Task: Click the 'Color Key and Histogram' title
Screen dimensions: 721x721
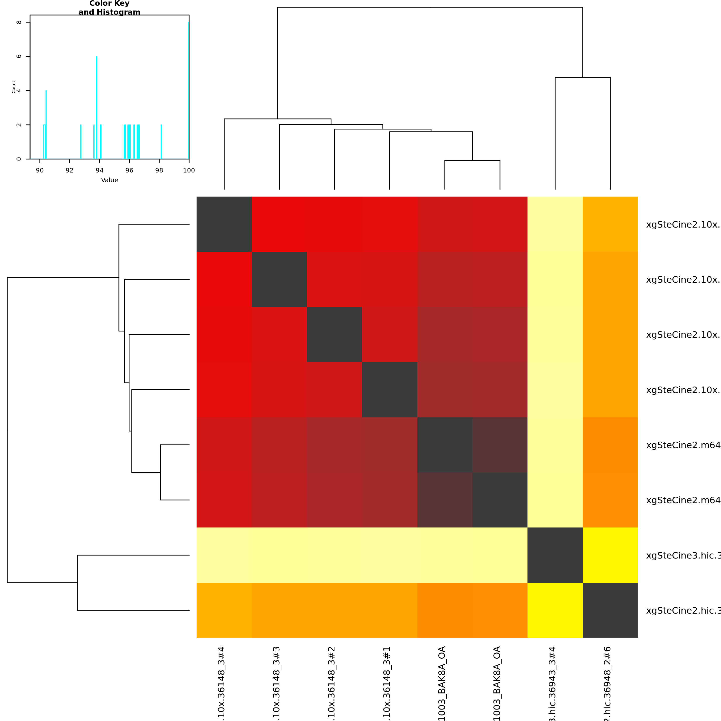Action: (109, 8)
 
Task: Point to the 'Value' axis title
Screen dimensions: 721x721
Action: (109, 180)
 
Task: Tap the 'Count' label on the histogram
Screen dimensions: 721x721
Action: (14, 87)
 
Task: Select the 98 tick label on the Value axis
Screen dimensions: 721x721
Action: (159, 170)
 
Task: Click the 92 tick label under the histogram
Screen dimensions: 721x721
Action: (69, 170)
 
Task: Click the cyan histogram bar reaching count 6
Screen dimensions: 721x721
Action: (97, 108)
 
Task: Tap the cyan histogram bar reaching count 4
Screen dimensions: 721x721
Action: (46, 125)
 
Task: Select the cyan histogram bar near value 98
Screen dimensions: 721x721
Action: (161, 142)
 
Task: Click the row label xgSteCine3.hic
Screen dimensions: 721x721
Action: (683, 555)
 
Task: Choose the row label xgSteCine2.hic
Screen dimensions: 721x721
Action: (683, 611)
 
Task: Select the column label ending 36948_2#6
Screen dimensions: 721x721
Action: (608, 683)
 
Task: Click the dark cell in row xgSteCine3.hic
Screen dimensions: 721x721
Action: (555, 555)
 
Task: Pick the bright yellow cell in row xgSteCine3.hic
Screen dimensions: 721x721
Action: (610, 555)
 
